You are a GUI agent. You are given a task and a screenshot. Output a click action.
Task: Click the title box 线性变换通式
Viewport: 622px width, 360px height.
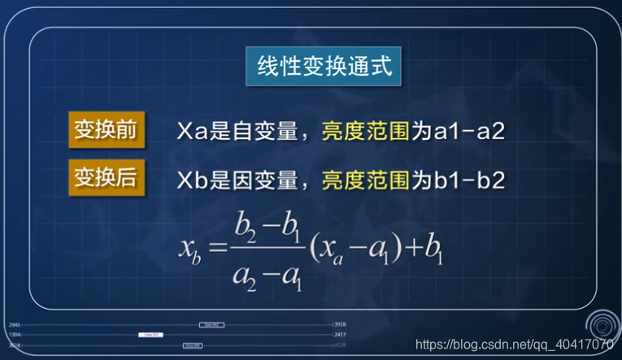click(324, 67)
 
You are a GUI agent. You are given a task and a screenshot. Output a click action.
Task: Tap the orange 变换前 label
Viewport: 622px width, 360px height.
click(105, 129)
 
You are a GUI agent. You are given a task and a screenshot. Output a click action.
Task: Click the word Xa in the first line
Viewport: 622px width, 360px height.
click(191, 131)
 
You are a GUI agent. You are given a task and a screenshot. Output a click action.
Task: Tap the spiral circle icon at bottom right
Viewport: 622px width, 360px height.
click(603, 324)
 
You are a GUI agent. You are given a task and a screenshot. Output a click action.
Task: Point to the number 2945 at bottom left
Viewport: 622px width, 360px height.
click(15, 325)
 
